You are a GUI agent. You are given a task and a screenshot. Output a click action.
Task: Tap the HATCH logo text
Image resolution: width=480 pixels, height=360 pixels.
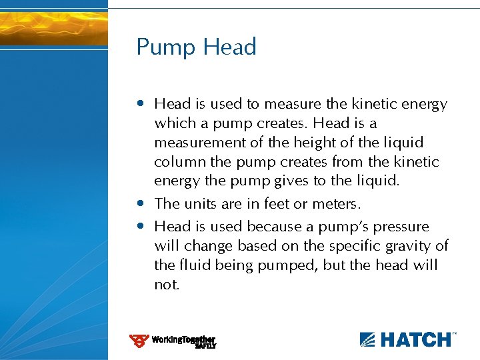pos(416,339)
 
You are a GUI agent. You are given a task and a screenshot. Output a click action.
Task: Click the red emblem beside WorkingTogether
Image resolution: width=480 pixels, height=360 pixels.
pos(139,341)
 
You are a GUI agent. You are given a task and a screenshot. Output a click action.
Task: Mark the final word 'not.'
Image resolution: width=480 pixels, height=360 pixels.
pos(167,285)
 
